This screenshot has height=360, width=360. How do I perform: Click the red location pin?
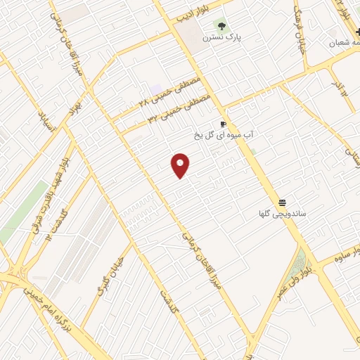[x=181, y=165]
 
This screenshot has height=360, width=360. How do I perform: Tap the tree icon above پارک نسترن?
[x=221, y=27]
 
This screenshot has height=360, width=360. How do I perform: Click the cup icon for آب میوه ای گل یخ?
[x=224, y=123]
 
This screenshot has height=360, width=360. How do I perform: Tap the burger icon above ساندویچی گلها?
[x=281, y=201]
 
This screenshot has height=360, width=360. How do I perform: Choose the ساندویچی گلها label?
[x=281, y=212]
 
